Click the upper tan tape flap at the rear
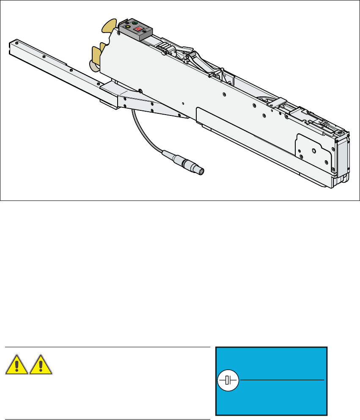[x=109, y=26]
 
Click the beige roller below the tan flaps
[x=93, y=65]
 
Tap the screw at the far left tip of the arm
[x=15, y=43]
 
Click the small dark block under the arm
[x=108, y=104]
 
